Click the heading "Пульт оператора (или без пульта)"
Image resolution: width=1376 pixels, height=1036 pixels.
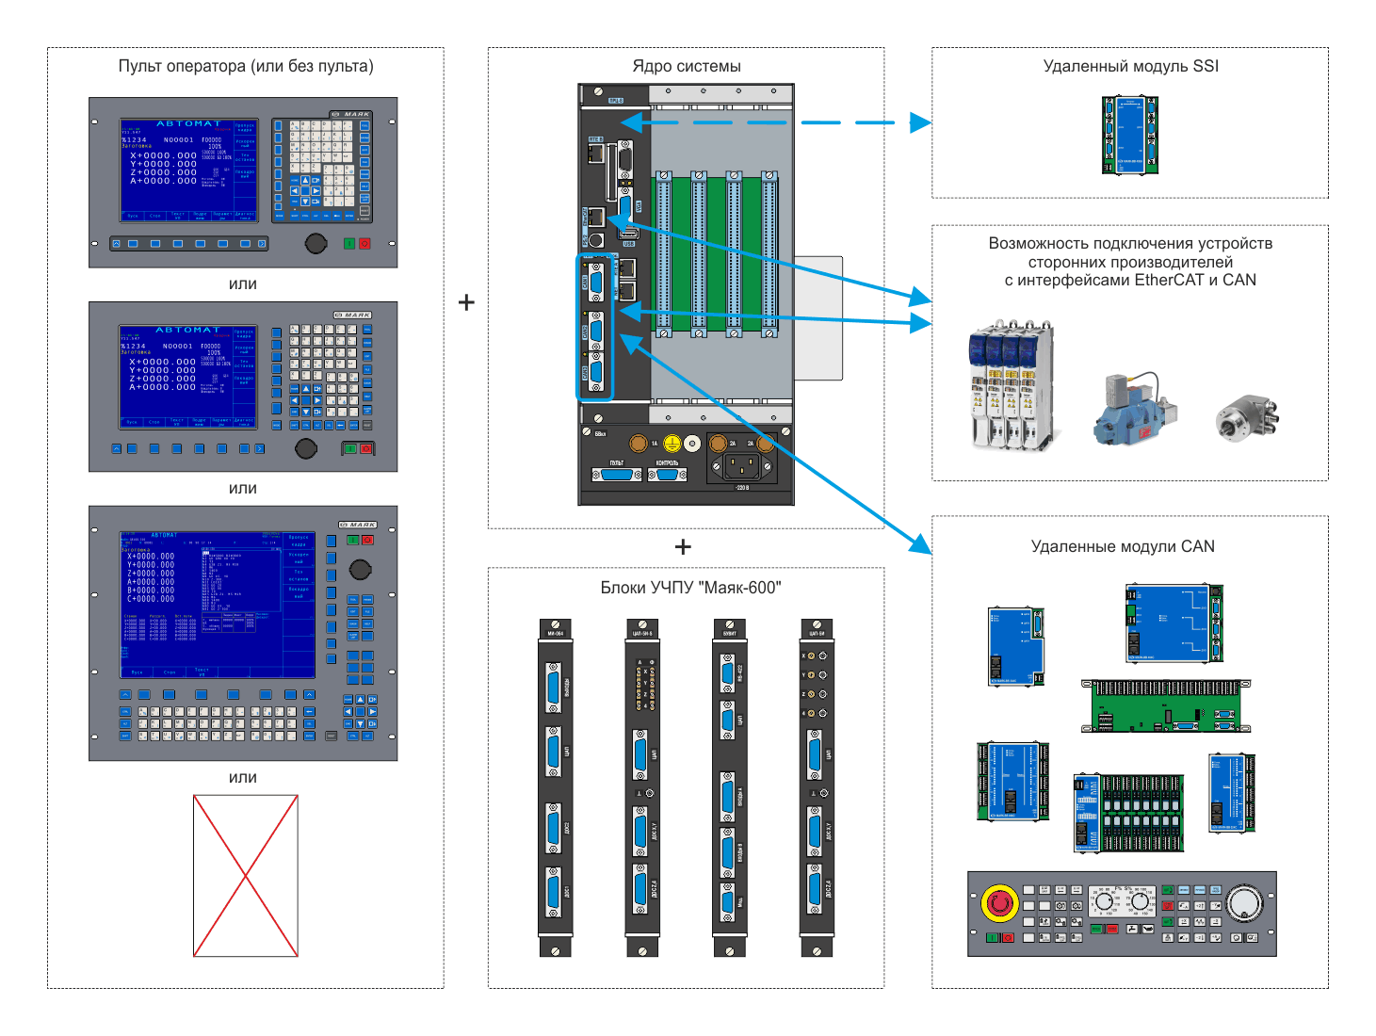pyautogui.click(x=246, y=66)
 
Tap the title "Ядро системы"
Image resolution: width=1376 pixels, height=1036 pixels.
pyautogui.click(x=686, y=66)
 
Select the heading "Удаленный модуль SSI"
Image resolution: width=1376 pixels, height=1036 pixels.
pyautogui.click(x=1130, y=66)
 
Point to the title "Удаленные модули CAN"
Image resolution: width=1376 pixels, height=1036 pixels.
pyautogui.click(x=1123, y=546)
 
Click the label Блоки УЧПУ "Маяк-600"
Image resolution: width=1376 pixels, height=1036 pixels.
pyautogui.click(x=690, y=588)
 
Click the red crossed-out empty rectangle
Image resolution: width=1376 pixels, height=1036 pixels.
pyautogui.click(x=246, y=876)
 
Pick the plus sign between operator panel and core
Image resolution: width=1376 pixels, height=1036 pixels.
pyautogui.click(x=466, y=302)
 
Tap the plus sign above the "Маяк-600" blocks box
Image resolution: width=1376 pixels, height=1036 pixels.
pyautogui.click(x=683, y=547)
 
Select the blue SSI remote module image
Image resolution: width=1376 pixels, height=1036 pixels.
pyautogui.click(x=1129, y=135)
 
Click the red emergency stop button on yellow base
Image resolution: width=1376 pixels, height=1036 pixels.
pyautogui.click(x=999, y=902)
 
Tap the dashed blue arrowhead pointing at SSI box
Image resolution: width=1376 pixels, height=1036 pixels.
pyautogui.click(x=919, y=122)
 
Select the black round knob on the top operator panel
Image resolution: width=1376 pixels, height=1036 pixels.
pyautogui.click(x=316, y=244)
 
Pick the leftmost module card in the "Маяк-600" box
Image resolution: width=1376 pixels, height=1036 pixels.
pyautogui.click(x=555, y=787)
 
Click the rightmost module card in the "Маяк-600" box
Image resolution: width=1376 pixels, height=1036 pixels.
pyautogui.click(x=816, y=787)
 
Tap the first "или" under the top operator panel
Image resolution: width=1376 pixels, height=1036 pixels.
pyautogui.click(x=243, y=284)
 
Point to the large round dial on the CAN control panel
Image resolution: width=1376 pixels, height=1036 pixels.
pyautogui.click(x=1245, y=902)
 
